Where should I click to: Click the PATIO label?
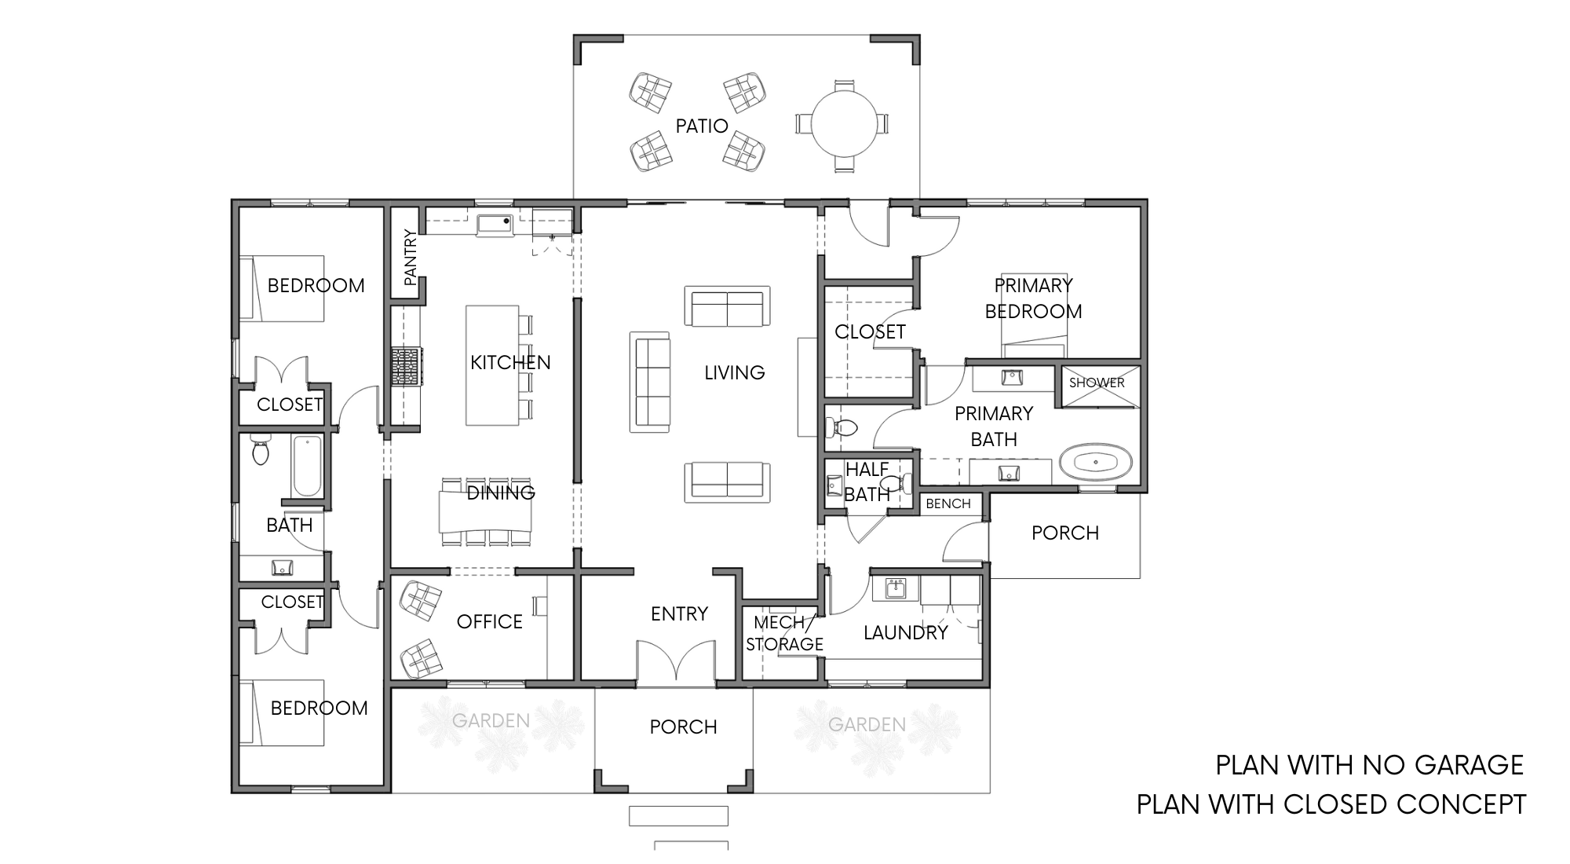702,126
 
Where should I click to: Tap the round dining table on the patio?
842,123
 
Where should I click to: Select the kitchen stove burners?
407,367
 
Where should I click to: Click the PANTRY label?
409,257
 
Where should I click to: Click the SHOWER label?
1097,383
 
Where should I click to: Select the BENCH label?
948,503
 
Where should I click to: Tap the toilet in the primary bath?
840,428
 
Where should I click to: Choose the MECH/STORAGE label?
784,633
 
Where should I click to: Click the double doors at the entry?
676,662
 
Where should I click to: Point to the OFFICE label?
490,622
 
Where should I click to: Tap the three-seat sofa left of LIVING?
650,382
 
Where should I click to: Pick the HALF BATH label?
867,482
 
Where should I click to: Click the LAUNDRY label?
906,633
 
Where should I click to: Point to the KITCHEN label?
510,363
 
